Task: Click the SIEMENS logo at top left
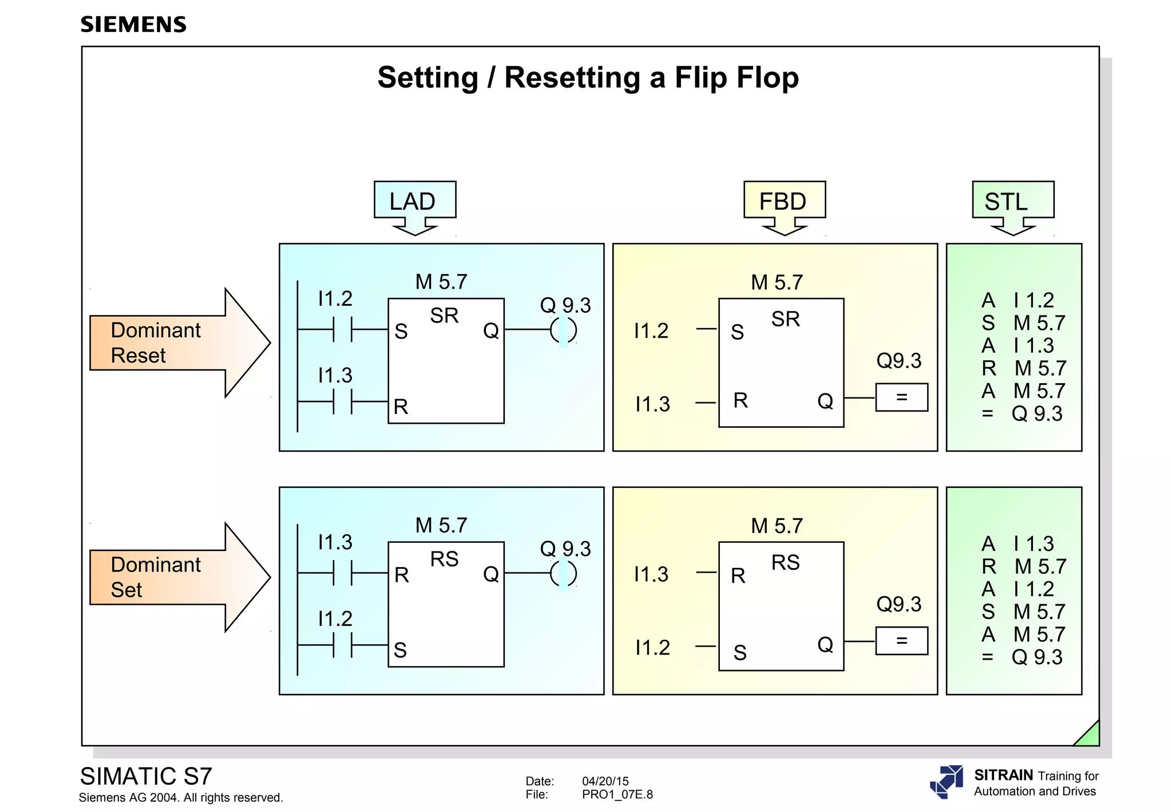pos(133,25)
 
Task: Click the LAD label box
pos(414,201)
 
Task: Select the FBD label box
pos(784,201)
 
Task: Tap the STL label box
pos(1012,201)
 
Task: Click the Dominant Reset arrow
pos(172,342)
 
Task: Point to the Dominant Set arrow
pos(172,577)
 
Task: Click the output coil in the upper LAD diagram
pos(563,330)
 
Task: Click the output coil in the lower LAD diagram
pos(563,573)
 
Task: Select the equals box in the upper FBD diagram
pos(901,397)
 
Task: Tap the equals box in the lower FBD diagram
pos(901,641)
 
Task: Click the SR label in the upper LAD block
pos(444,316)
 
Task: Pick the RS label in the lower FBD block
pos(785,562)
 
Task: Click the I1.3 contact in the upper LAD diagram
pos(342,401)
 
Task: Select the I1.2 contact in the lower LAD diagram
pos(342,645)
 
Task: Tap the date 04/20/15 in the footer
pos(605,781)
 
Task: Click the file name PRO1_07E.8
pos(617,795)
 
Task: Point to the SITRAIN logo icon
pos(947,782)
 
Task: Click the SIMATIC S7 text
pos(146,776)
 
